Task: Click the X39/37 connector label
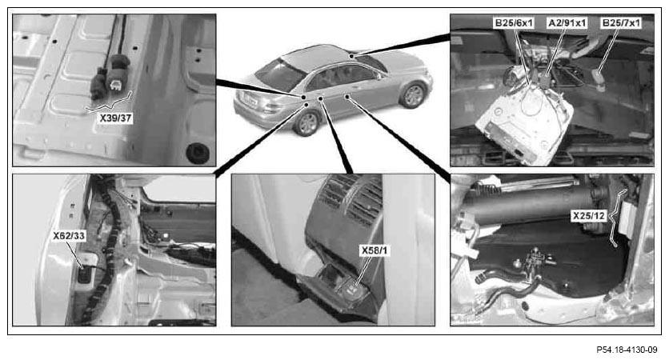[x=115, y=118]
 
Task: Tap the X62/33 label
[x=69, y=235]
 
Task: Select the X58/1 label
[x=375, y=250]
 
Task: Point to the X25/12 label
[x=589, y=216]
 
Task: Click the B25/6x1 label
[x=514, y=22]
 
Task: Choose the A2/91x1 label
[x=567, y=22]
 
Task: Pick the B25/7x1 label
[x=621, y=22]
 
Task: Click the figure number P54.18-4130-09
[x=627, y=350]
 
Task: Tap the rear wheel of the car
[x=306, y=123]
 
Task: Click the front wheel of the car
[x=413, y=95]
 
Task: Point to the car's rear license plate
[x=249, y=102]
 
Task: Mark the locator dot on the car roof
[x=351, y=56]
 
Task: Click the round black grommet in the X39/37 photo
[x=198, y=152]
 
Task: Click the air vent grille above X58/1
[x=352, y=201]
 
